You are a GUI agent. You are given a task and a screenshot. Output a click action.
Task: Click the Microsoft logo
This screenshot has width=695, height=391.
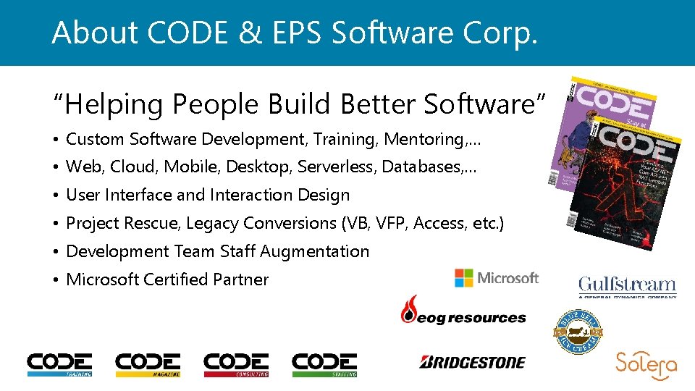point(497,278)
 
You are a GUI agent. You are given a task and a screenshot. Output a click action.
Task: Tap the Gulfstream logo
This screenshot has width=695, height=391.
point(627,287)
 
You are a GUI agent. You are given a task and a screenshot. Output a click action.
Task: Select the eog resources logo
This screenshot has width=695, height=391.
point(463,312)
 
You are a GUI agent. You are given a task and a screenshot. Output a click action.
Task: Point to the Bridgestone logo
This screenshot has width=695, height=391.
point(472,361)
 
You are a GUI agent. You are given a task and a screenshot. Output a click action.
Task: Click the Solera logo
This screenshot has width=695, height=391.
point(646,366)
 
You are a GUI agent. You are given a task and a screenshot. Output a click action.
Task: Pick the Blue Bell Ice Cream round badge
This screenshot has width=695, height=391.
point(578,332)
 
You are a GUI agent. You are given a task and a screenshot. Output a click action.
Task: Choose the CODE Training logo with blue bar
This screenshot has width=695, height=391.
point(59,364)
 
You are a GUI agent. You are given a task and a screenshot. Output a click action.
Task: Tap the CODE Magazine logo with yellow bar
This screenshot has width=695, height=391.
point(148,364)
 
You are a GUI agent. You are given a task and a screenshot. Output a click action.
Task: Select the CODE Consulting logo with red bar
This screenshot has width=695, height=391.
point(236,364)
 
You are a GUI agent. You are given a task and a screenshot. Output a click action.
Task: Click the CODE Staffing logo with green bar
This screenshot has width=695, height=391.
point(324,364)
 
